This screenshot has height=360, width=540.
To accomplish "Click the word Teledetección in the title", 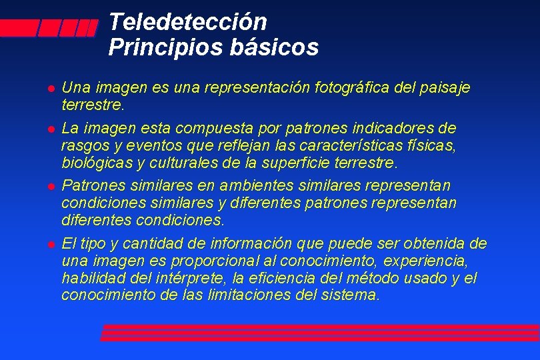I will (187, 23).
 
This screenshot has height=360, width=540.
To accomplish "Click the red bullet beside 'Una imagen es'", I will (51, 88).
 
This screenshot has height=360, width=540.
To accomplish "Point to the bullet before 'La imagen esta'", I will (51, 127).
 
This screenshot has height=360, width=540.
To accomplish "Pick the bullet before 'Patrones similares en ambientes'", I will (51, 185).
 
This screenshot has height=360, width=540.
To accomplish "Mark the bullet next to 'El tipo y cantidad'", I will (51, 243).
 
